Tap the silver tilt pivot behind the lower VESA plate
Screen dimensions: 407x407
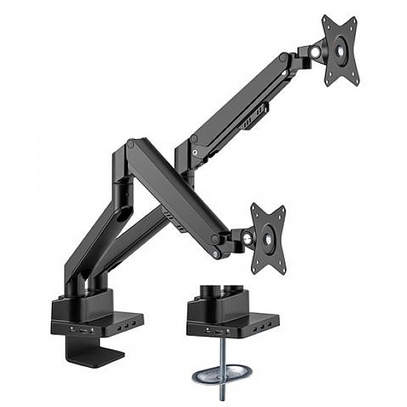pyautogui.click(x=246, y=238)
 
